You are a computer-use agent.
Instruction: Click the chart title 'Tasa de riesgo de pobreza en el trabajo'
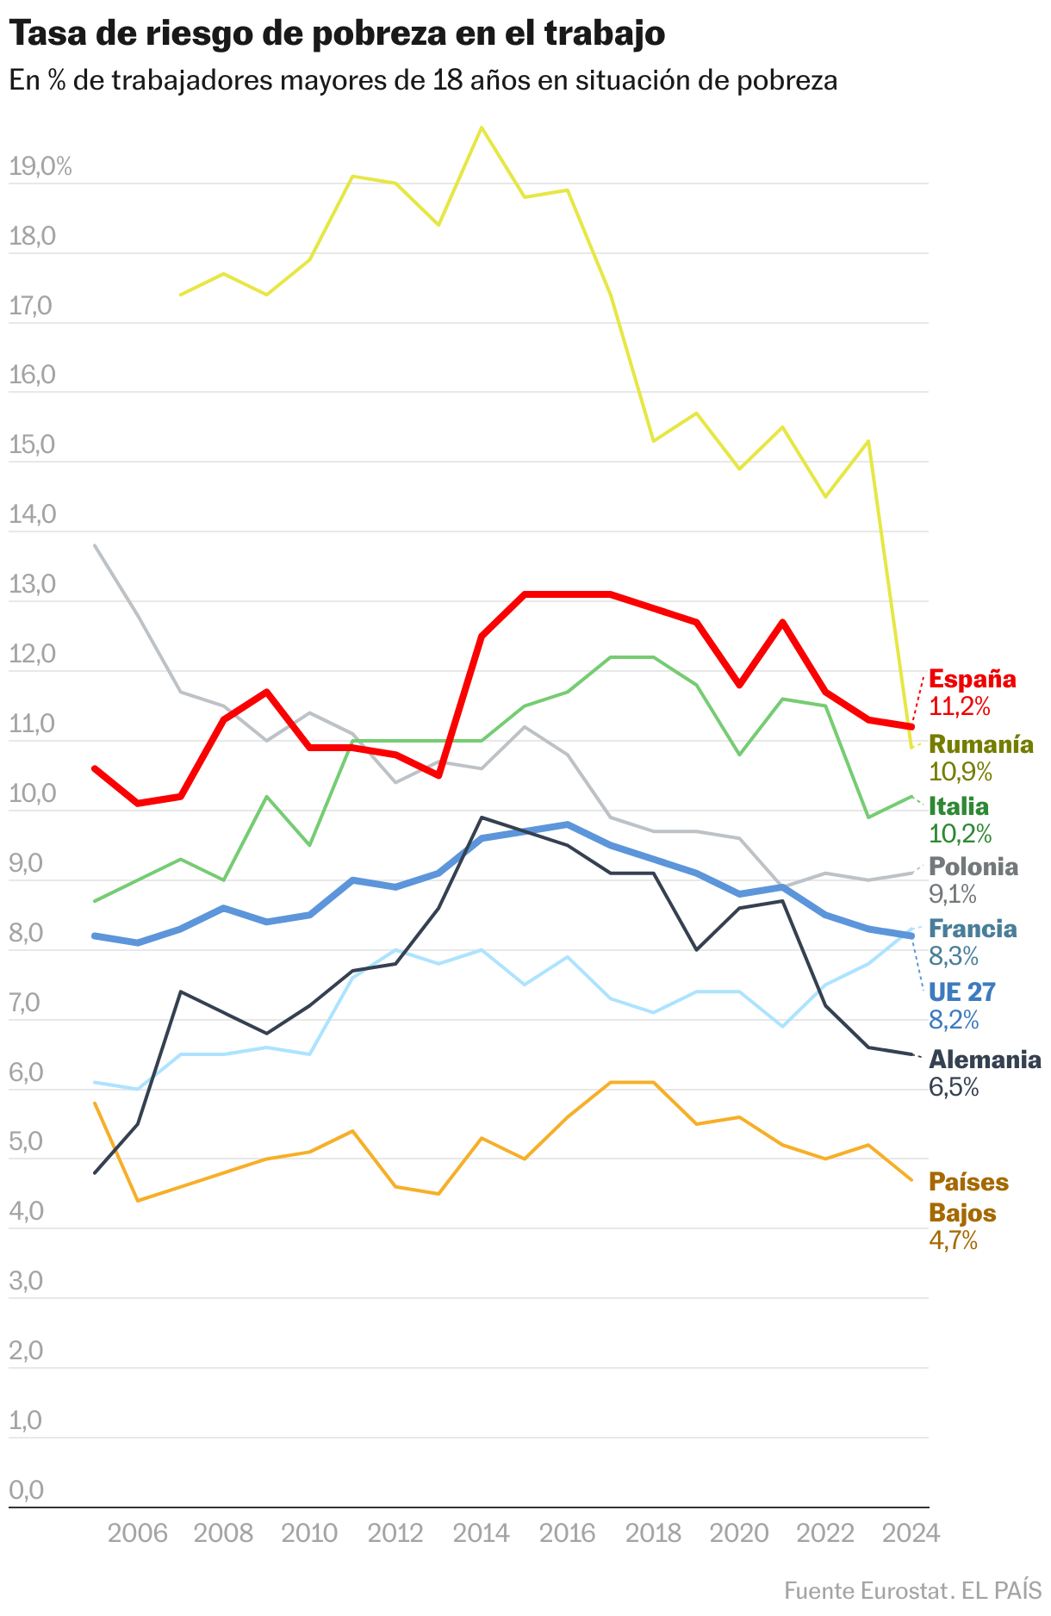pyautogui.click(x=337, y=34)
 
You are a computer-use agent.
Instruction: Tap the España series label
pyautogui.click(x=973, y=679)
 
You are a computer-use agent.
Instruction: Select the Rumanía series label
pyautogui.click(x=981, y=744)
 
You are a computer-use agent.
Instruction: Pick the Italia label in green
pyautogui.click(x=959, y=806)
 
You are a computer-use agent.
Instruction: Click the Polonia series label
pyautogui.click(x=973, y=867)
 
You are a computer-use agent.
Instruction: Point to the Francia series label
pyautogui.click(x=973, y=929)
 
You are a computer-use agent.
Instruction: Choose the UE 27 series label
pyautogui.click(x=961, y=992)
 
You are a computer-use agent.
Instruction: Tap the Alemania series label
pyautogui.click(x=985, y=1060)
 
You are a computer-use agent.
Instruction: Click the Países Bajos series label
pyautogui.click(x=968, y=1197)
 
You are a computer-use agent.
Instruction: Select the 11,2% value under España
pyautogui.click(x=960, y=707)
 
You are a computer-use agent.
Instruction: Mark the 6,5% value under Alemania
pyautogui.click(x=954, y=1087)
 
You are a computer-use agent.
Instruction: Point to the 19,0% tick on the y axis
pyautogui.click(x=40, y=167)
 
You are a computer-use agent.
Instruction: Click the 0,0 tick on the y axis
pyautogui.click(x=26, y=1490)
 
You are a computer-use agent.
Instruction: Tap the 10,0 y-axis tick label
pyautogui.click(x=32, y=793)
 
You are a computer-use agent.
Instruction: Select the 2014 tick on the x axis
pyautogui.click(x=482, y=1533)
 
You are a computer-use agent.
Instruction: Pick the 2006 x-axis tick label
pyautogui.click(x=138, y=1533)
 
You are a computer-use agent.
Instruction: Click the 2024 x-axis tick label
pyautogui.click(x=911, y=1533)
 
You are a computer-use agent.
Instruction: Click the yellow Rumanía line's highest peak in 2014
pyautogui.click(x=482, y=127)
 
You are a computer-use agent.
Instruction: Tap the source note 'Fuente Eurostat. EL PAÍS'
pyautogui.click(x=912, y=1590)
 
